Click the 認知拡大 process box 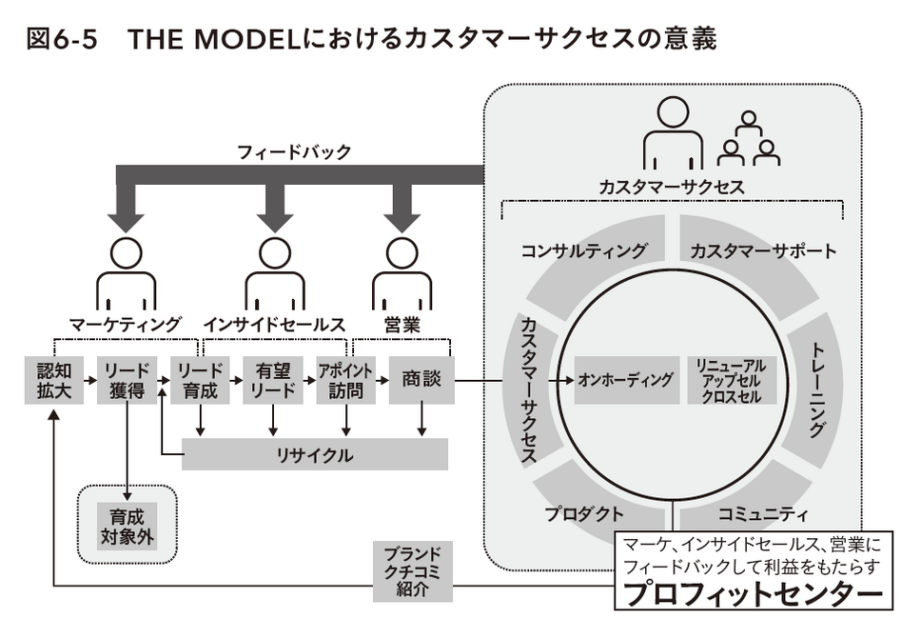click(x=54, y=380)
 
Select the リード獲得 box click(x=127, y=380)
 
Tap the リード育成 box click(x=201, y=380)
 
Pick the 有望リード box click(x=273, y=380)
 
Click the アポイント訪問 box click(x=346, y=380)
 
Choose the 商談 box click(x=421, y=380)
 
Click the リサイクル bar click(x=315, y=454)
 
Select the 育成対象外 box click(x=127, y=526)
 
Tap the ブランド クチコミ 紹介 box click(x=413, y=571)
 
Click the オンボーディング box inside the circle click(x=627, y=380)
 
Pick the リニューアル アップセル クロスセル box click(x=732, y=380)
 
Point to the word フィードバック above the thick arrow click(x=294, y=152)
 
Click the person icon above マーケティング click(x=127, y=274)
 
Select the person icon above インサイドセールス click(x=275, y=274)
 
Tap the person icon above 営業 click(x=402, y=274)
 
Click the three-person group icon click(x=748, y=139)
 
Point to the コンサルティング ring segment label click(x=584, y=251)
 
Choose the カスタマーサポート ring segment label click(x=763, y=251)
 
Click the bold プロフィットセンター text click(x=753, y=593)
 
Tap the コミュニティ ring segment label click(x=763, y=514)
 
